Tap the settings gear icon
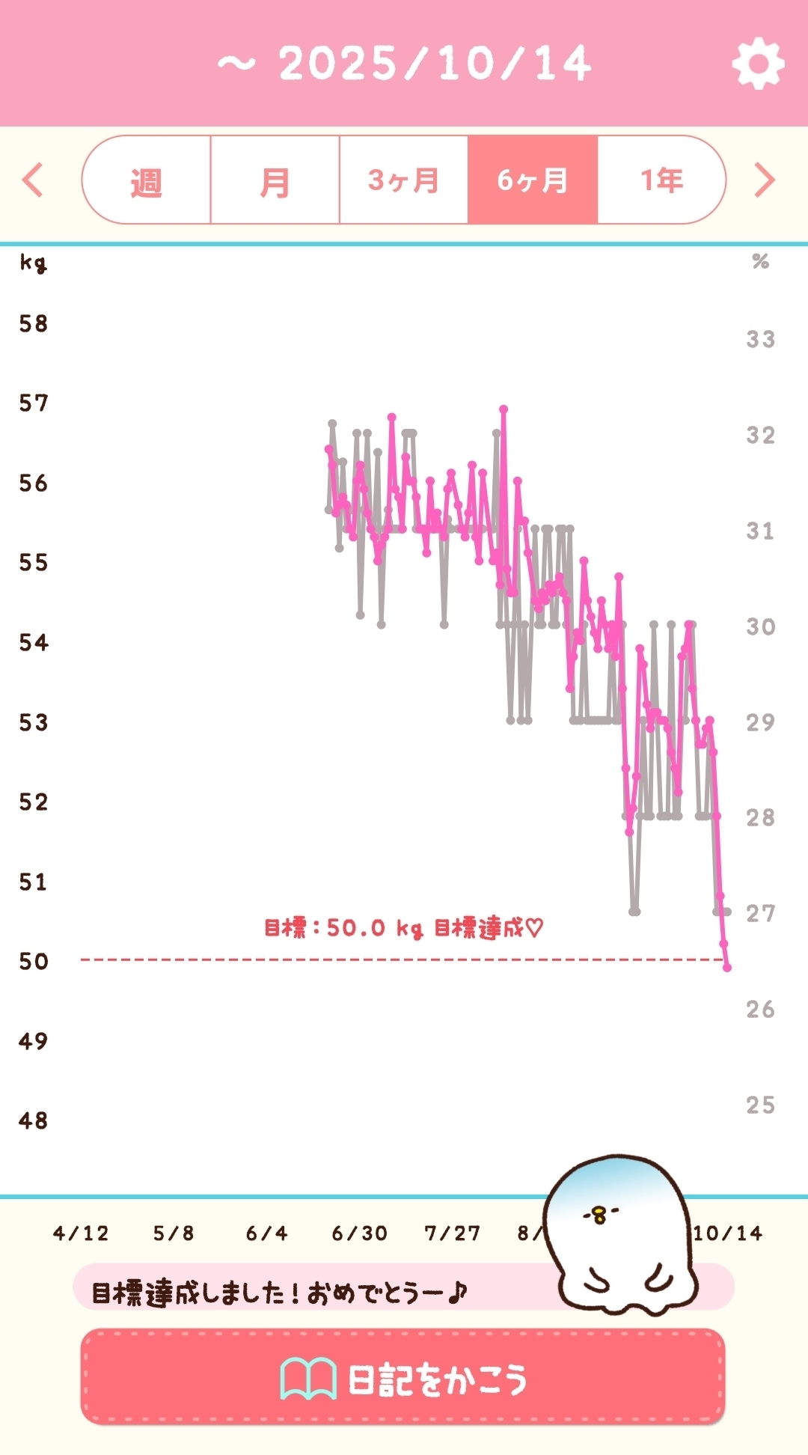[x=758, y=64]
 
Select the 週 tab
[x=147, y=180]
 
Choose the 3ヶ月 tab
[x=403, y=180]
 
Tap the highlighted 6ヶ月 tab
[x=533, y=180]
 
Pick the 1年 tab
[x=661, y=180]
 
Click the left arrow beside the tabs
[x=33, y=180]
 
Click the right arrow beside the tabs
[x=764, y=180]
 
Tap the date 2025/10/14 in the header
[x=435, y=64]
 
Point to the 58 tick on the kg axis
[x=34, y=323]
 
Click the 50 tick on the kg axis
[x=34, y=961]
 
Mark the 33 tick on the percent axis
[x=760, y=339]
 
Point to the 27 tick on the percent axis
[x=760, y=913]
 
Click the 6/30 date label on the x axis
[x=360, y=1233]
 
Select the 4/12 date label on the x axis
[x=81, y=1233]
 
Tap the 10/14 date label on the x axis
[x=727, y=1233]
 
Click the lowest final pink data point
[x=727, y=968]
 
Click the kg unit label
[x=33, y=263]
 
